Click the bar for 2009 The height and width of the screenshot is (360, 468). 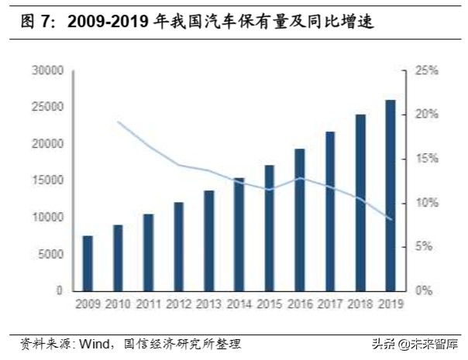click(x=88, y=263)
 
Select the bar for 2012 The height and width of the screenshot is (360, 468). click(x=178, y=246)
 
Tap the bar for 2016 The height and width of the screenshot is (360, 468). click(x=299, y=220)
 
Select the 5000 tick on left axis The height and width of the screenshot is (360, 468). click(x=50, y=254)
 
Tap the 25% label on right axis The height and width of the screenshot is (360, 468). click(x=427, y=70)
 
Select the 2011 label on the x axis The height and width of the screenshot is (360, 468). click(x=148, y=304)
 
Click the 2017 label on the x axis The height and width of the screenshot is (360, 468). click(x=329, y=304)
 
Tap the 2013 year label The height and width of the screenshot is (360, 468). click(x=208, y=304)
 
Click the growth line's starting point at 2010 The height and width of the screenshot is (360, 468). click(x=118, y=122)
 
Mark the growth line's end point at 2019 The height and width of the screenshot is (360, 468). click(x=390, y=220)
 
